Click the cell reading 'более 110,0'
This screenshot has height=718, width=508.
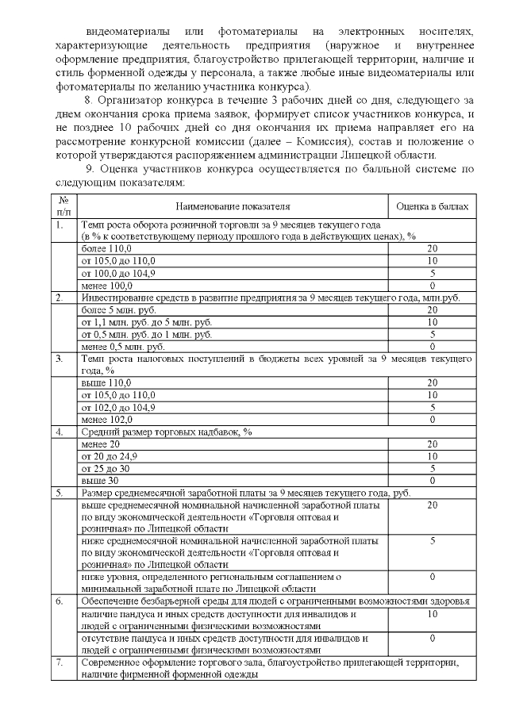pos(103,249)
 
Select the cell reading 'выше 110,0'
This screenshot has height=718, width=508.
pos(101,382)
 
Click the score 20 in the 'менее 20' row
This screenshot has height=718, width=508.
pos(433,444)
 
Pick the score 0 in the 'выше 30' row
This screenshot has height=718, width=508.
pos(433,480)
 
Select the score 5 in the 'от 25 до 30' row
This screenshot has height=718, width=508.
pos(433,468)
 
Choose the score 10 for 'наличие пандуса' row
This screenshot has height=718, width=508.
pos(433,613)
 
